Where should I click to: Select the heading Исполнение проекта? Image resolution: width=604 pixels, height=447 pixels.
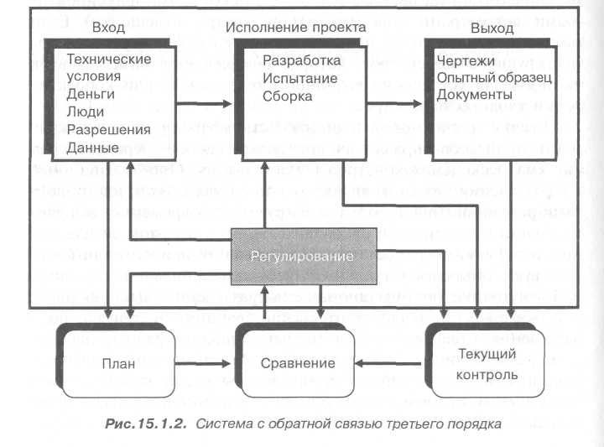point(295,28)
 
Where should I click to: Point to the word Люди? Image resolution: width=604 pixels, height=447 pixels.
point(85,112)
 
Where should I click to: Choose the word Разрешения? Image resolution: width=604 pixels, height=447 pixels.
point(108,130)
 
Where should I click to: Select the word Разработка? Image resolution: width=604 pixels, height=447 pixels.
point(301,61)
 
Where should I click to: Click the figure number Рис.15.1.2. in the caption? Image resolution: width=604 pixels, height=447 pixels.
point(148,424)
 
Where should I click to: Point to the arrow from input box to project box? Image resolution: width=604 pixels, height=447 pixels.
point(201,104)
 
